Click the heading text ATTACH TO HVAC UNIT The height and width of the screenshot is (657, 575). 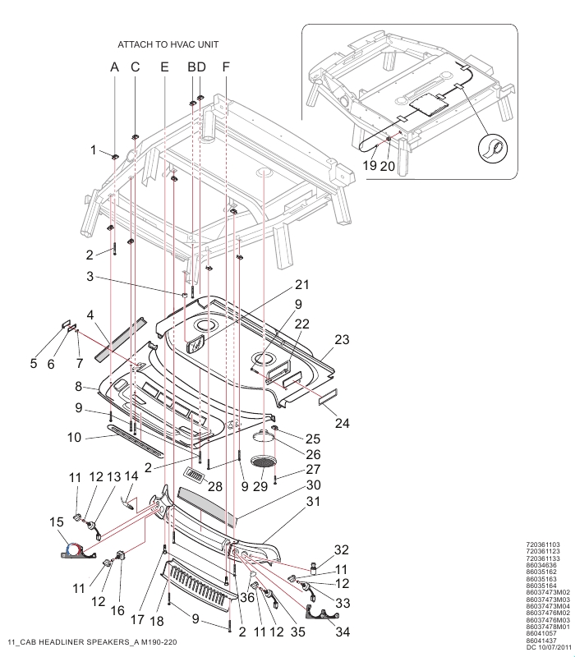[x=168, y=44]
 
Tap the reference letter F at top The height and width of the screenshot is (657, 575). [x=226, y=67]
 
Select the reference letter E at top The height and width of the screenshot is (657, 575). [x=164, y=67]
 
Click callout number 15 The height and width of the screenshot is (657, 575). [x=57, y=522]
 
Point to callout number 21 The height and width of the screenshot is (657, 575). [x=301, y=284]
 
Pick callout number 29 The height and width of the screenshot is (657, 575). [x=260, y=486]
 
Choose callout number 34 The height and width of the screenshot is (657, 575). [x=343, y=632]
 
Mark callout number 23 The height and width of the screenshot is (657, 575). [x=342, y=339]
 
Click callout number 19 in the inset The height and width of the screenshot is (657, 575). [x=370, y=165]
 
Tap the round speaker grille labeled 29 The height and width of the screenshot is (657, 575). [x=264, y=462]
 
